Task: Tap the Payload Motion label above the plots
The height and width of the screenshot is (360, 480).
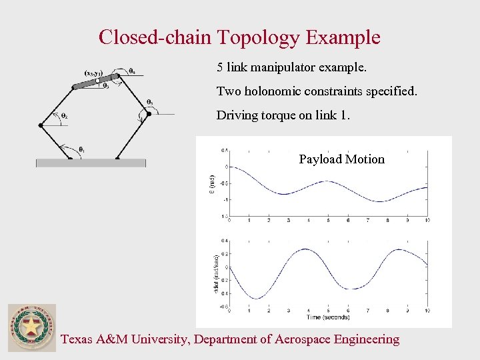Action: point(341,159)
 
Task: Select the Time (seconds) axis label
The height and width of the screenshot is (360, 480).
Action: point(328,317)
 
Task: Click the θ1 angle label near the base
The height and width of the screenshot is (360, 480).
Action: point(81,149)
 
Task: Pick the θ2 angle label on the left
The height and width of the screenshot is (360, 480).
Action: point(64,115)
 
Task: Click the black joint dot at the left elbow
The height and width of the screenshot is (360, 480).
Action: point(41,125)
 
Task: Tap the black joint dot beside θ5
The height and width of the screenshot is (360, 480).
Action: point(149,114)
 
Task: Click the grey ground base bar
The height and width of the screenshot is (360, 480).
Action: point(91,162)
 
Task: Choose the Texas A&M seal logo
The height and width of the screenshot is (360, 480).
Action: point(31,327)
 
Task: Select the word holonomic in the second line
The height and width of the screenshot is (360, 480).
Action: point(280,91)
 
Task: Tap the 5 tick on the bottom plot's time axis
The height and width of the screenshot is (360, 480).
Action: point(328,310)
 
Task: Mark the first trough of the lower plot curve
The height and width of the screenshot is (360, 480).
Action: point(257,298)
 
